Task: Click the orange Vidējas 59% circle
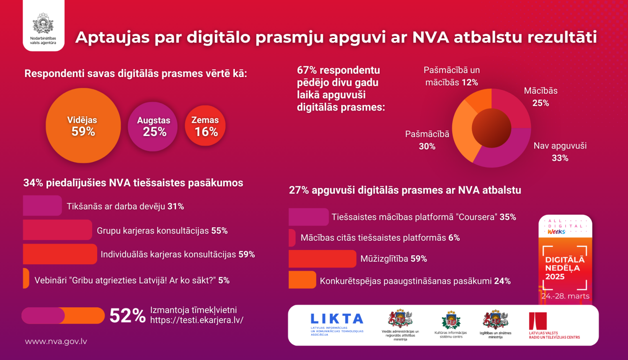tap(83, 126)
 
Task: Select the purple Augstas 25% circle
tap(153, 126)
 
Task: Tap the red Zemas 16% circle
tap(205, 126)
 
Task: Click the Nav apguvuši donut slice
tap(504, 153)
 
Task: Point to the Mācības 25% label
tap(540, 97)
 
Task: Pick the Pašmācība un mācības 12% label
tap(452, 76)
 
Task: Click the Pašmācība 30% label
tap(427, 140)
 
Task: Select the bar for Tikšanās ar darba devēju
tap(42, 206)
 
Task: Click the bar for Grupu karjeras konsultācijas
tap(57, 230)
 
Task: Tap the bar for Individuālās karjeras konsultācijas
tap(60, 254)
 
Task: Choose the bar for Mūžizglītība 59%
tap(322, 259)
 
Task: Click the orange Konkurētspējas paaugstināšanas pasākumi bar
tap(302, 280)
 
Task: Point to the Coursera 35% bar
tap(309, 217)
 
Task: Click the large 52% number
tap(127, 316)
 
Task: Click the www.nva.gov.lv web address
tap(56, 342)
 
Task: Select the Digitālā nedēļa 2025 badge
tap(565, 260)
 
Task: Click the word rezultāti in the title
tap(562, 37)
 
